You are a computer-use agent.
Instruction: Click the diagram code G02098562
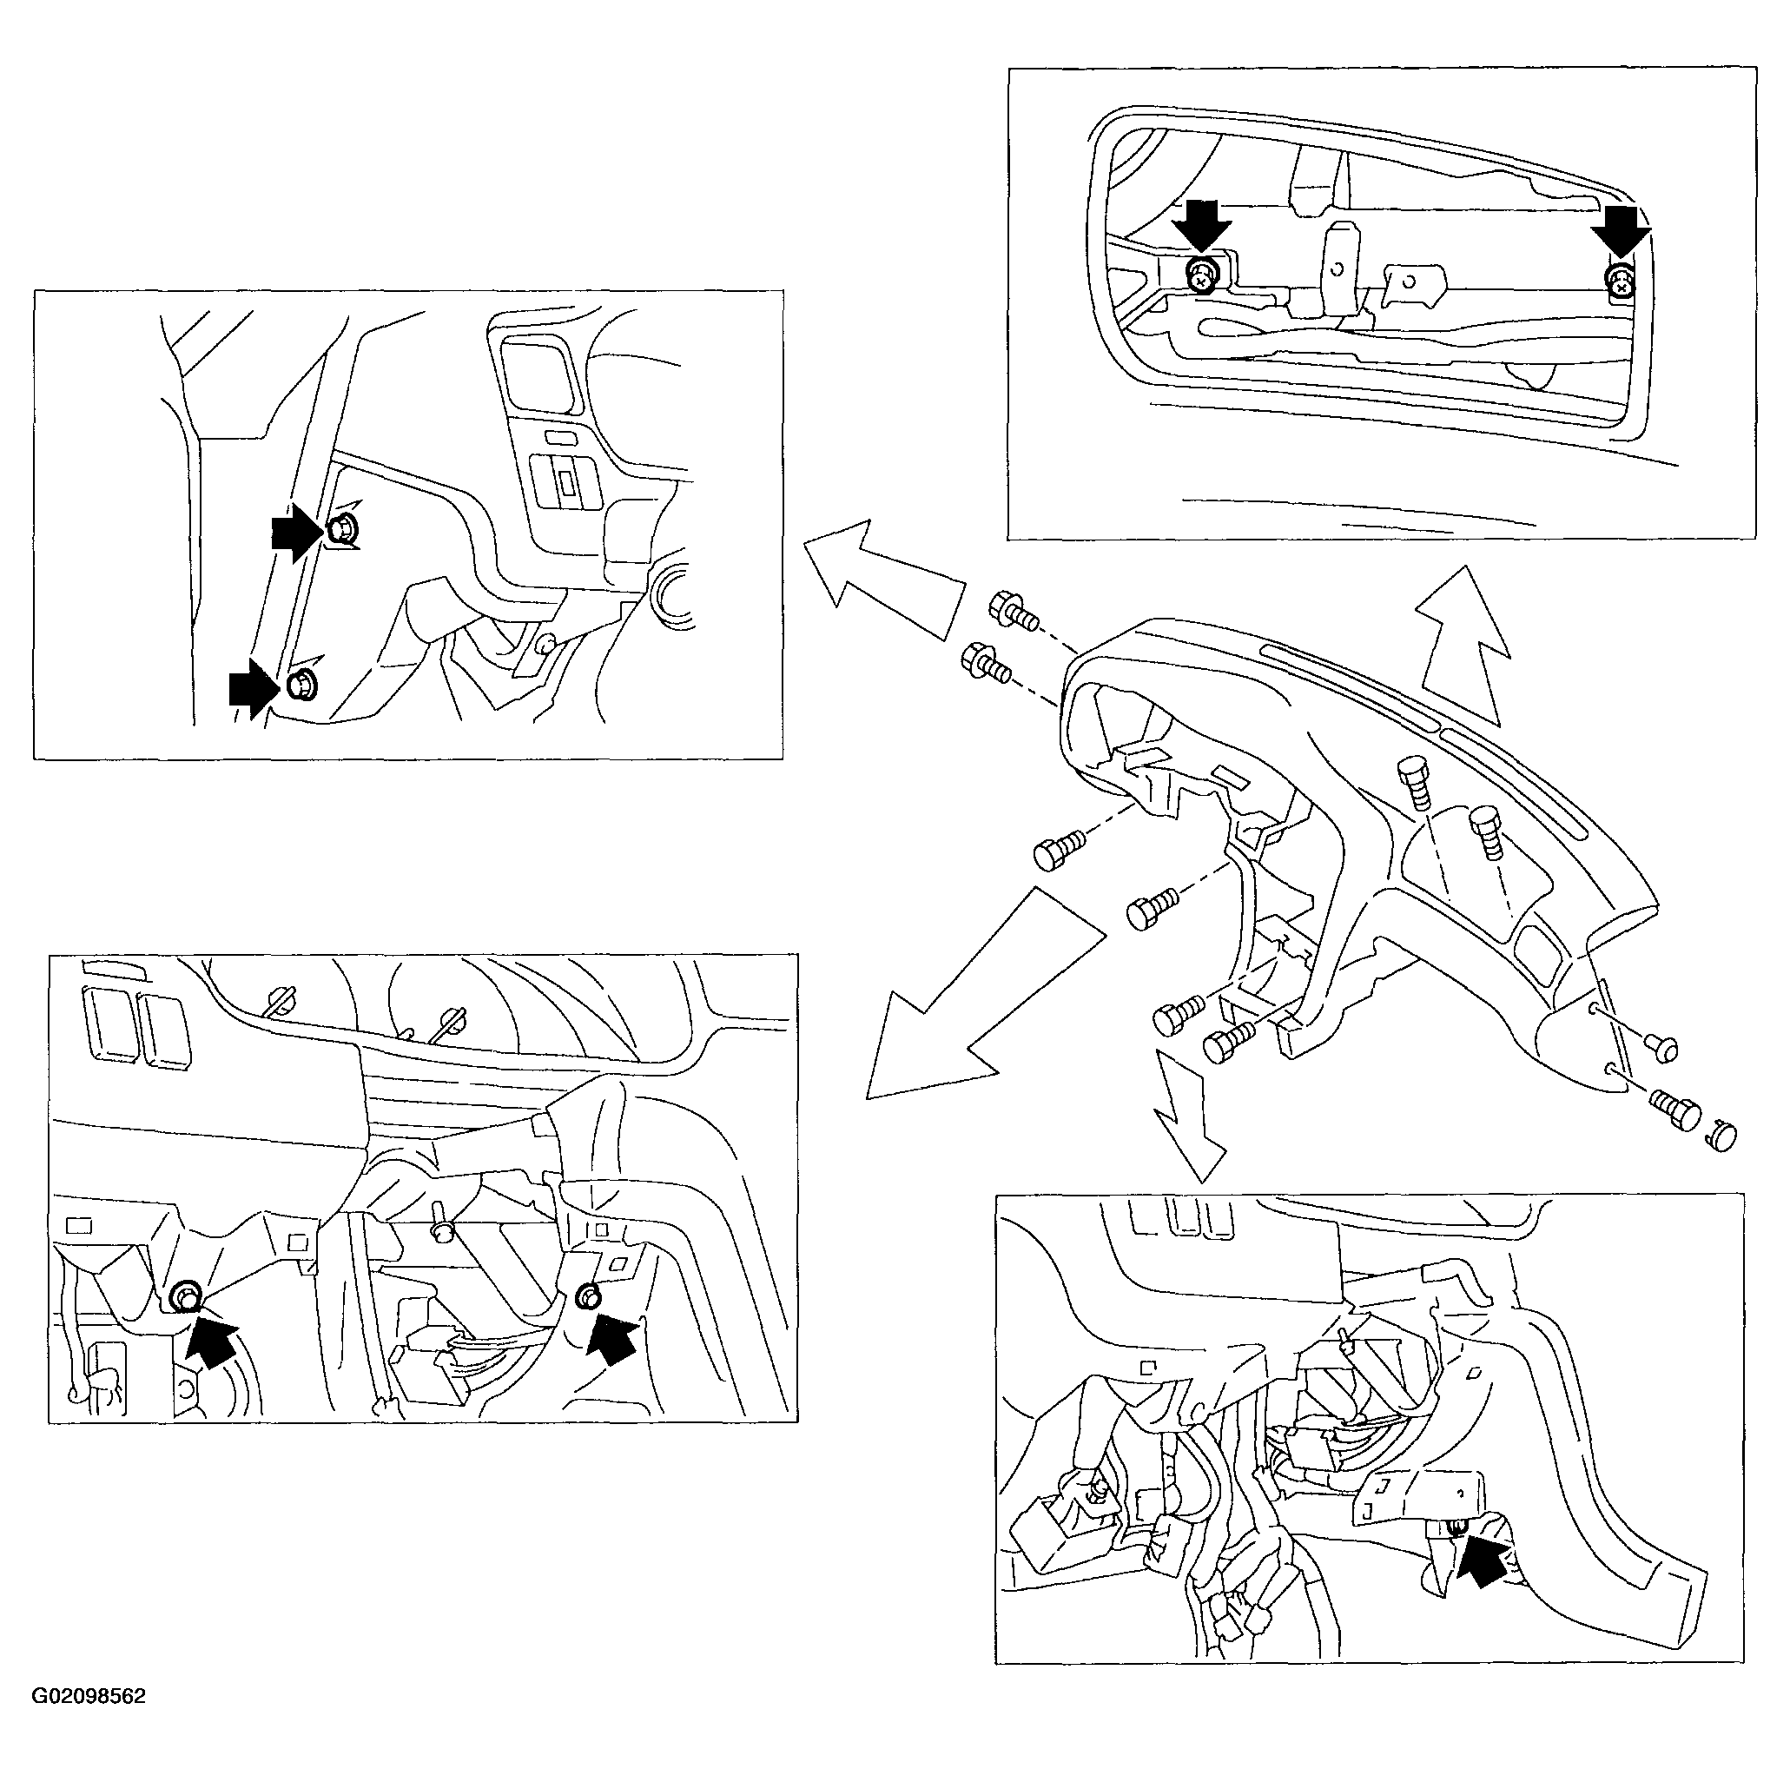[x=89, y=1723]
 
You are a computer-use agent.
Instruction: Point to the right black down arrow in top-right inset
[x=1621, y=232]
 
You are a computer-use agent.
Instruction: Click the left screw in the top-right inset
[x=1202, y=275]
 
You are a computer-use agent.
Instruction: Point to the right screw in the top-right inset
[x=1619, y=282]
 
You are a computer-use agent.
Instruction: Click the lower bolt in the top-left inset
[x=302, y=686]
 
